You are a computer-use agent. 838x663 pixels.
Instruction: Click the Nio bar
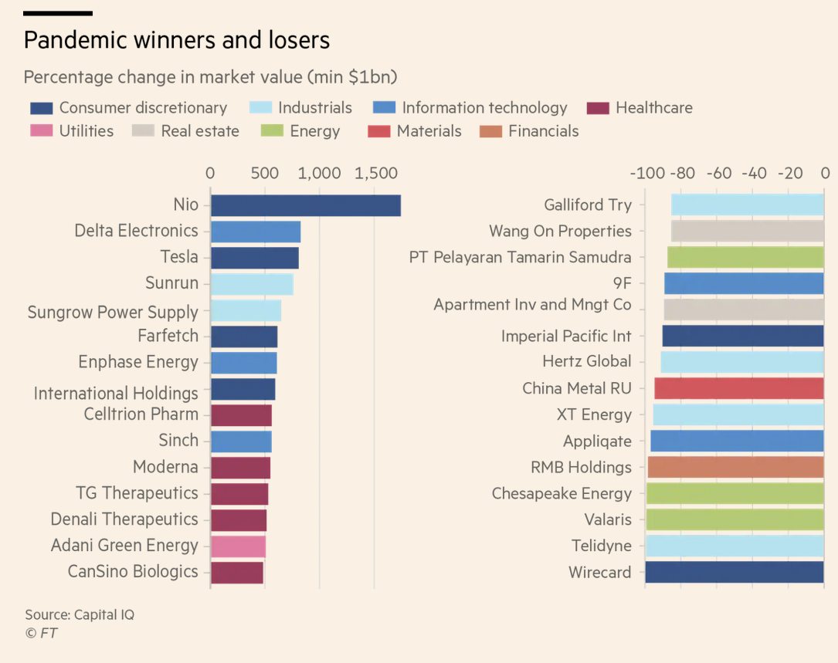tap(305, 205)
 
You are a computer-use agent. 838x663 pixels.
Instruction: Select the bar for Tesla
tap(254, 257)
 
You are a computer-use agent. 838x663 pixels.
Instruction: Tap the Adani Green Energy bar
tap(238, 546)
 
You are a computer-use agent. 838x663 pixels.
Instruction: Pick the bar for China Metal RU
tap(738, 388)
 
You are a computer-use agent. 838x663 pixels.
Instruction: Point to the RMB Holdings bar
tap(735, 467)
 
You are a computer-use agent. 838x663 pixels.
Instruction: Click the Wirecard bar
tap(734, 572)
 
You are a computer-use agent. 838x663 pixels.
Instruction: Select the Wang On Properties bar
tap(747, 232)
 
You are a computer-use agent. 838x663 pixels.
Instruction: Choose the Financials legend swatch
tap(490, 131)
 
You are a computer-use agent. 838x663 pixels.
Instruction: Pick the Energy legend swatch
tap(272, 131)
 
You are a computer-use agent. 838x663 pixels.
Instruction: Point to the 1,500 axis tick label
tap(375, 173)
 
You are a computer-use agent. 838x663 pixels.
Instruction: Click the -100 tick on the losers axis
tap(646, 173)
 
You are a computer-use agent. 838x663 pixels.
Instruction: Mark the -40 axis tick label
tap(753, 173)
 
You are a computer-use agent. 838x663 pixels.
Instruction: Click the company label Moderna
tap(165, 467)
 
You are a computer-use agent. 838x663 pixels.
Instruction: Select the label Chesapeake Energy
tap(561, 493)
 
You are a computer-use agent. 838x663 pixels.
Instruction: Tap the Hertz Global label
tap(586, 361)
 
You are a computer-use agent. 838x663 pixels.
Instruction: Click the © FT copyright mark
tap(41, 633)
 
